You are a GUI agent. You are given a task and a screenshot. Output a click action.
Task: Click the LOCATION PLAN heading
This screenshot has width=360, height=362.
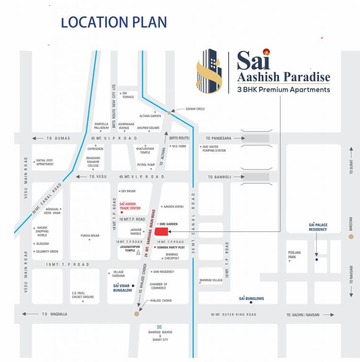coord(114,22)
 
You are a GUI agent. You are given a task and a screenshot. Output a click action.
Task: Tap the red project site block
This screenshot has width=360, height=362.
coord(162,231)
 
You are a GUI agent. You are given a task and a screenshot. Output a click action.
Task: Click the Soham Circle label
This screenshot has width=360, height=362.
coord(195,109)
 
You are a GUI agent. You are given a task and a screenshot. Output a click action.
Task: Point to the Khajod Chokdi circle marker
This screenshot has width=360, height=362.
coord(137,313)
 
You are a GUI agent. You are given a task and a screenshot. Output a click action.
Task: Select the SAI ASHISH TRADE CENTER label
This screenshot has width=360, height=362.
coord(130,206)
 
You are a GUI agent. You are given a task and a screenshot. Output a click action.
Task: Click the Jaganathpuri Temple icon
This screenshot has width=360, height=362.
coord(138,253)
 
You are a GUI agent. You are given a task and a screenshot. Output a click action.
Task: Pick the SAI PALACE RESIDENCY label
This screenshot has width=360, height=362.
coord(318,227)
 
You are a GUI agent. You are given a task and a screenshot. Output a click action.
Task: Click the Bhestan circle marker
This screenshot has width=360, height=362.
coord(351,236)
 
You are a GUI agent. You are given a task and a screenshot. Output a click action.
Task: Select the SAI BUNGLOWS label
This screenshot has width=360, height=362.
coord(251,298)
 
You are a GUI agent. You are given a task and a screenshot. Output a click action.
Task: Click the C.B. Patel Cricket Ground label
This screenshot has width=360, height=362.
coord(83,295)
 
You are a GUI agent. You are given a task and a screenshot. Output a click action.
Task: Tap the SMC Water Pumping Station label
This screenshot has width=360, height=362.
coord(214,148)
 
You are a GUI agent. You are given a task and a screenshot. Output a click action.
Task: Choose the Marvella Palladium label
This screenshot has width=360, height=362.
coord(101,125)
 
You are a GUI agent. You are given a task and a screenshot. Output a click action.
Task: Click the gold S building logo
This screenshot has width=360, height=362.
coord(209,71)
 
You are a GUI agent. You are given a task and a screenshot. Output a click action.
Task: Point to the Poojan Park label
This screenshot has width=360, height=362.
coord(294,255)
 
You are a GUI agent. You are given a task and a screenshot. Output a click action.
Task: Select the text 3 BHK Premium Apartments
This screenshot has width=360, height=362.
coord(284,90)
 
